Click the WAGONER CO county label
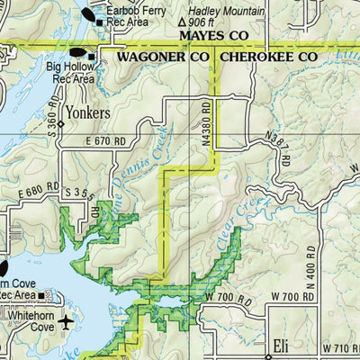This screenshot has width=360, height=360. [x=165, y=57]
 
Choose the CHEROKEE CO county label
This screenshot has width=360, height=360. [x=269, y=57]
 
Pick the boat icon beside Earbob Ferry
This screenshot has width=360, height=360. [x=91, y=14]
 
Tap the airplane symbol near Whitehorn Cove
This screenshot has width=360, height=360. [x=68, y=321]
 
